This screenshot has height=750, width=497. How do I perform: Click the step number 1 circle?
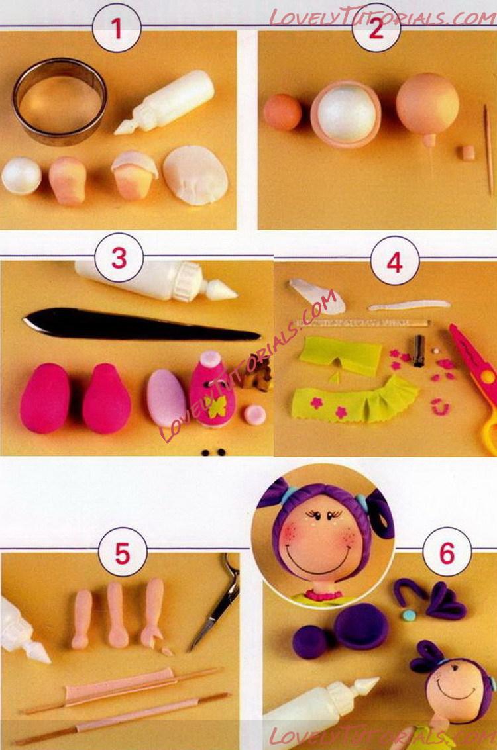point(117,28)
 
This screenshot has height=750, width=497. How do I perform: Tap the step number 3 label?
point(119,258)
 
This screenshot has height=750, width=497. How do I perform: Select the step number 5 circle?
point(123,553)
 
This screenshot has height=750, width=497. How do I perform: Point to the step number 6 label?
point(447,553)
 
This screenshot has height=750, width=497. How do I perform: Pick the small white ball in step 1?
point(22,175)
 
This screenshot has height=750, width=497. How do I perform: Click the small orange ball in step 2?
point(282,112)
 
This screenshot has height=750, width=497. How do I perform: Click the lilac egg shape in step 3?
point(166,398)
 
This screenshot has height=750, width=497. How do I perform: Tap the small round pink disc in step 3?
point(254,414)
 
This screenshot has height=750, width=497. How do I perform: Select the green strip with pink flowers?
point(355,399)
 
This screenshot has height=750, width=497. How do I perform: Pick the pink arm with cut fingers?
point(154,614)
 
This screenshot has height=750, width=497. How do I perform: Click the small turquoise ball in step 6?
point(408,615)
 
